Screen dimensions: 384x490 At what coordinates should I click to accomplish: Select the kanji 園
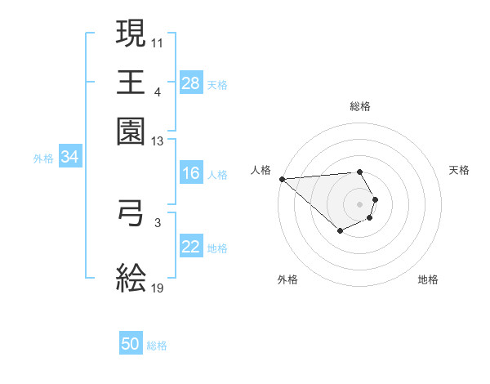[131, 131]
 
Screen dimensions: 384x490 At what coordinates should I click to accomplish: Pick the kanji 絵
[131, 278]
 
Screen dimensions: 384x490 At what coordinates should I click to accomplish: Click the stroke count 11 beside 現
[158, 42]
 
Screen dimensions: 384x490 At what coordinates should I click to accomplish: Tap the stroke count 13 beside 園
[158, 141]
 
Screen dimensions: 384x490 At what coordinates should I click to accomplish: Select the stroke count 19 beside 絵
[158, 288]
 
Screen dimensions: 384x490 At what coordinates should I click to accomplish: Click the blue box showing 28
[190, 83]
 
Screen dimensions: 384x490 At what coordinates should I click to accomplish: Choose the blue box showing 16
[190, 173]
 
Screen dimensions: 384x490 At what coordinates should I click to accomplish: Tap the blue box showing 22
[190, 247]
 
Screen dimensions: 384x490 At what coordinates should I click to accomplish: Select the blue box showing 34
[69, 157]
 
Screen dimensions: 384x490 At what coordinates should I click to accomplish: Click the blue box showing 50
[131, 345]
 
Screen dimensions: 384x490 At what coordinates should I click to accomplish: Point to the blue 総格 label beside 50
[157, 346]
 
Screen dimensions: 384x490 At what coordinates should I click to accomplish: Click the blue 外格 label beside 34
[43, 158]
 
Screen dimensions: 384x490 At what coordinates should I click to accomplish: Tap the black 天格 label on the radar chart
[459, 170]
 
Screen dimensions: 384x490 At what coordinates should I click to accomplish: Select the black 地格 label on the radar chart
[428, 279]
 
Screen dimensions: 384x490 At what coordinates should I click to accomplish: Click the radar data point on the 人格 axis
[281, 179]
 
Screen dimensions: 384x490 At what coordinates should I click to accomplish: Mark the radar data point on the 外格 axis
[340, 232]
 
